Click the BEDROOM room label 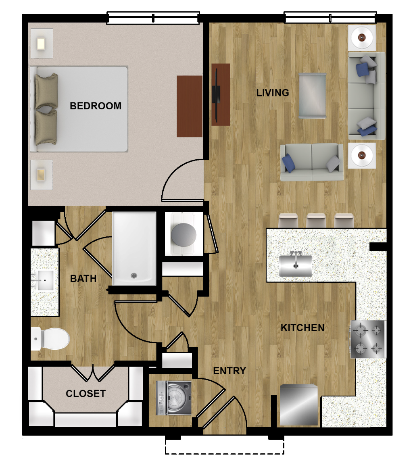(x=95, y=106)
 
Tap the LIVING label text (x=273, y=93)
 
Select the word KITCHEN (x=302, y=327)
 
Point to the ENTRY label (x=229, y=371)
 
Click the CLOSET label (x=86, y=393)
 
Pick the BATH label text (x=83, y=278)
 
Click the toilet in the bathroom (x=50, y=339)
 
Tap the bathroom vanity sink (x=45, y=280)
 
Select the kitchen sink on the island (x=296, y=265)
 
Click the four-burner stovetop (x=368, y=339)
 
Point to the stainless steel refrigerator (x=299, y=405)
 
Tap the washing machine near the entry (x=173, y=398)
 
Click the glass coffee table (x=313, y=96)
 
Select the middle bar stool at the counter (x=316, y=220)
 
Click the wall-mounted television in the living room (x=217, y=95)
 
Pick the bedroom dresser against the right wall (x=190, y=106)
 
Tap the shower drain (x=134, y=276)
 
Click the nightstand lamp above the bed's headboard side (x=41, y=44)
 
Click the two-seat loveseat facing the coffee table (x=312, y=162)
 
